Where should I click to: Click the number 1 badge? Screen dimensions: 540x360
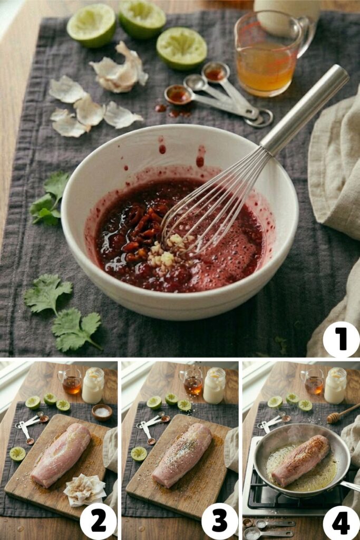click(x=341, y=339)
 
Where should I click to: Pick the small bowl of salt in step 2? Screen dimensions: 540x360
click(x=102, y=412)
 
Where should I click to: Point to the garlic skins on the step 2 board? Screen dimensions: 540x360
click(x=84, y=489)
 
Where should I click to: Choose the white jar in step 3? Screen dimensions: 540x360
click(x=214, y=385)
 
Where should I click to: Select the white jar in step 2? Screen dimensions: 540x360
click(x=93, y=385)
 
